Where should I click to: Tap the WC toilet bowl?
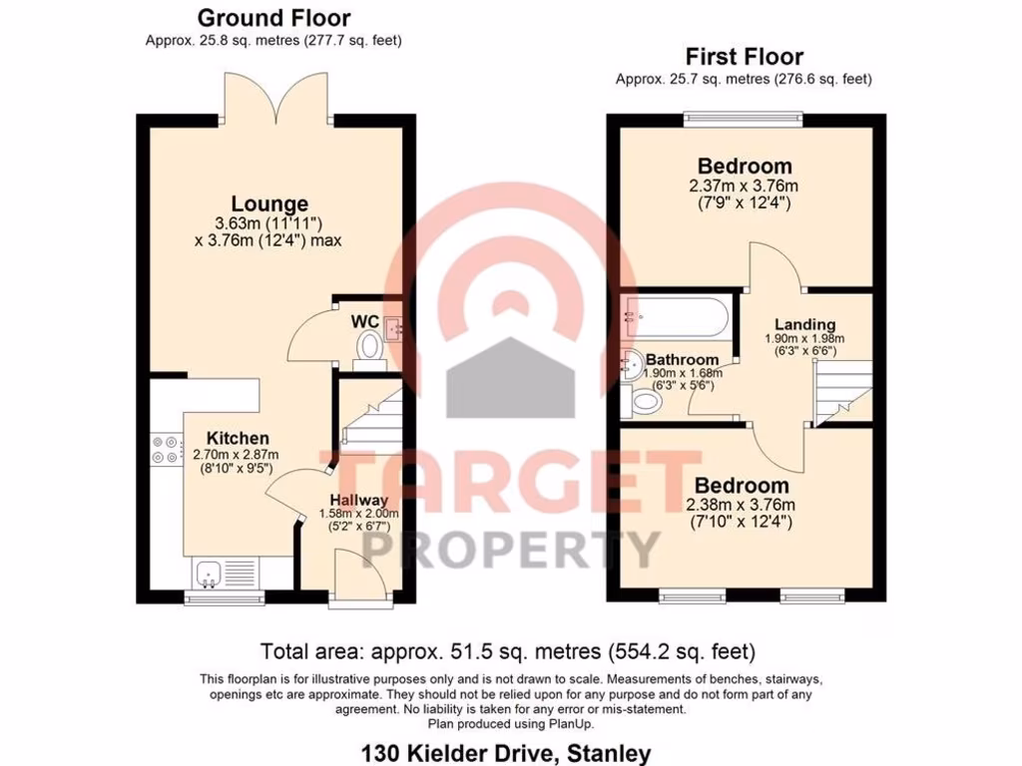369,346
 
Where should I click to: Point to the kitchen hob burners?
165,450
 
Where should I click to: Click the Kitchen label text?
238,438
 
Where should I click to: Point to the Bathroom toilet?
644,401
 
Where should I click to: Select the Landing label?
804,324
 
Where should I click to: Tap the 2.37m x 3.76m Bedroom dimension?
745,186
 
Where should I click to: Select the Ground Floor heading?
273,17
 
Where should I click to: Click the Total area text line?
507,652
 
